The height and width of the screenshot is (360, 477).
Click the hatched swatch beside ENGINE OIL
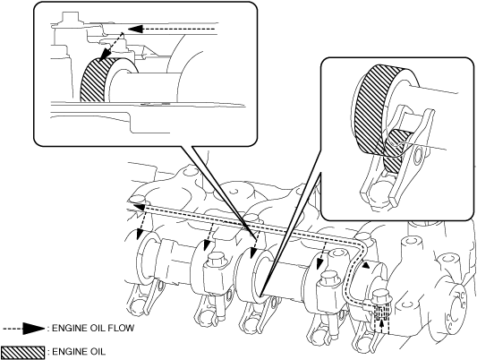click(22, 352)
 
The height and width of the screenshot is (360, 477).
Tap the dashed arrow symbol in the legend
click(24, 329)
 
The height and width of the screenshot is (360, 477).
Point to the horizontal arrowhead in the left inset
click(135, 29)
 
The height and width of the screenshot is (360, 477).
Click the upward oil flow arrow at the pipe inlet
click(382, 323)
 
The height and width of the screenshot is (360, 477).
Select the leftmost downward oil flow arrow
click(141, 223)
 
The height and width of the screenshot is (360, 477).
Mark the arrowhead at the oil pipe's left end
click(140, 207)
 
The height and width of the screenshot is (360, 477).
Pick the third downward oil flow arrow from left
click(255, 244)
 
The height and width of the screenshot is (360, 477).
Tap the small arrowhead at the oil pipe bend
click(367, 266)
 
